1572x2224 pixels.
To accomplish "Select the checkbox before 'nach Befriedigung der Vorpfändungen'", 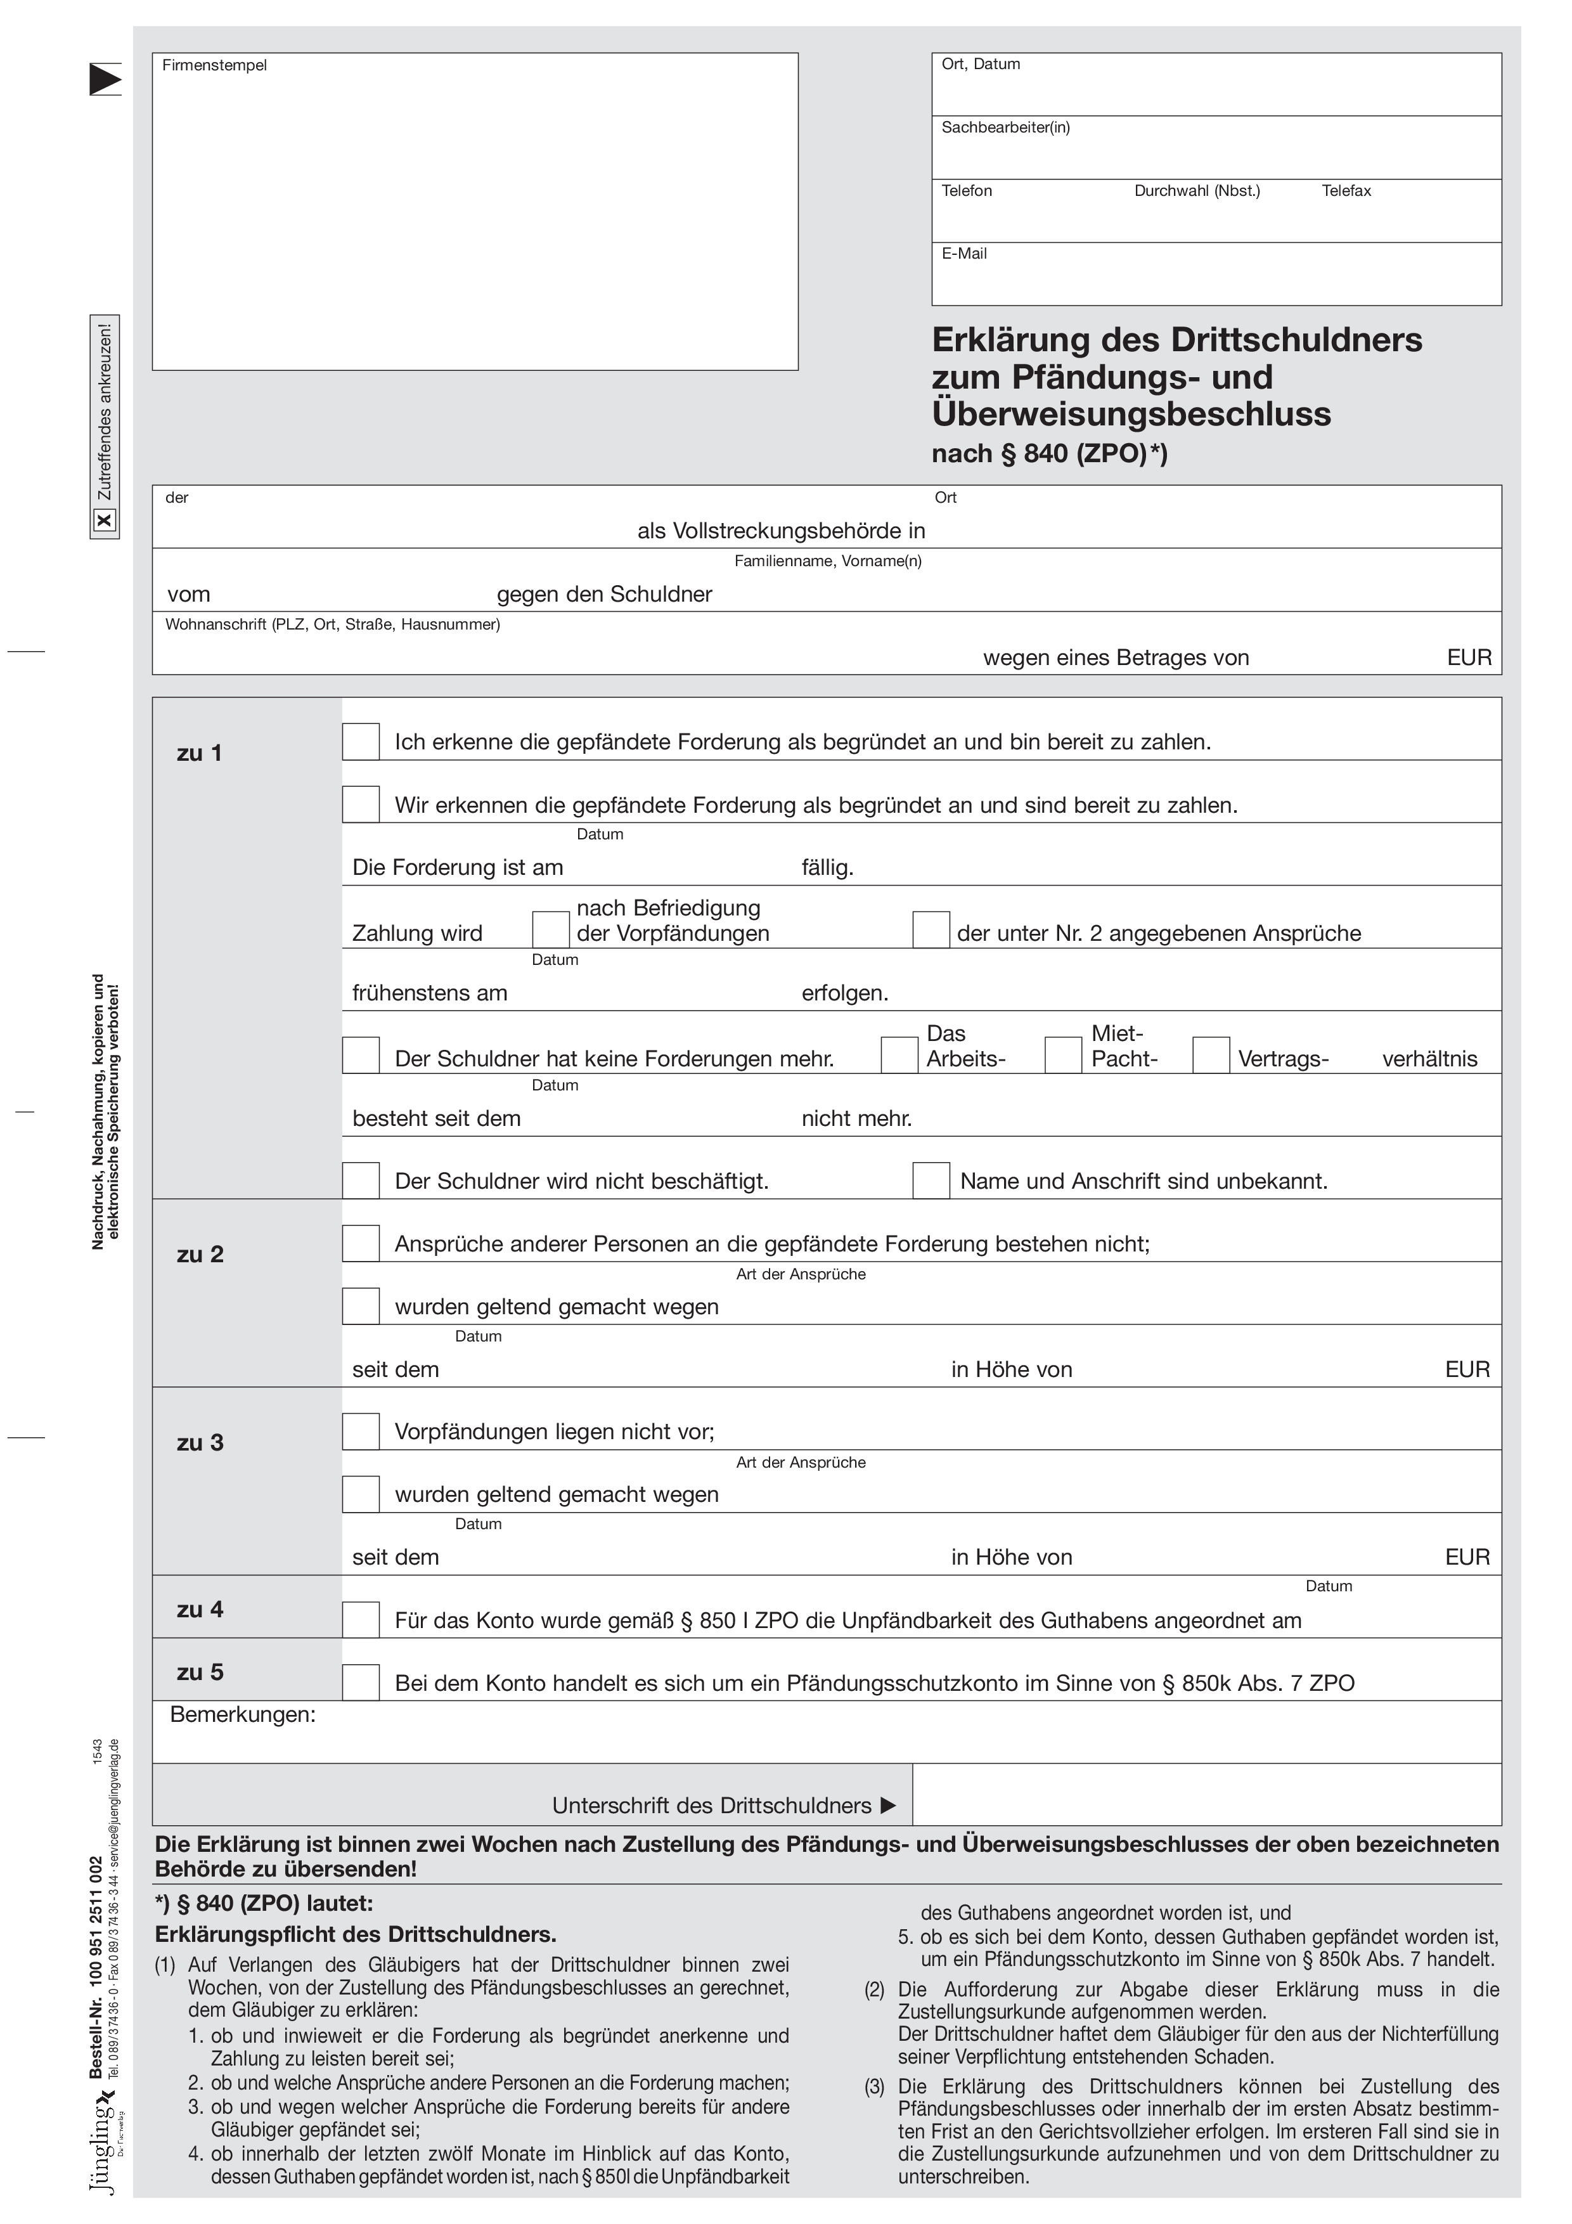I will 550,930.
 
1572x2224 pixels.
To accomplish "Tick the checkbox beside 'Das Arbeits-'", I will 899,1055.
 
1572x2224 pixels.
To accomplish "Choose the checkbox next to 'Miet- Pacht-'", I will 1062,1055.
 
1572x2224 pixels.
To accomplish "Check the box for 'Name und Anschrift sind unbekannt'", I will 931,1180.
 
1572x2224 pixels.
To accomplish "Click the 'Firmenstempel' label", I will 214,65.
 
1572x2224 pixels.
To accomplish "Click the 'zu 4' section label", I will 200,1609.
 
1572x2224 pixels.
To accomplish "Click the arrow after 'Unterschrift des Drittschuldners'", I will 888,1806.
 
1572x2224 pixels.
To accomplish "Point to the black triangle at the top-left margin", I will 106,79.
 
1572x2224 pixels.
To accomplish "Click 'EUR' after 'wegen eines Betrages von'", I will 1469,657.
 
